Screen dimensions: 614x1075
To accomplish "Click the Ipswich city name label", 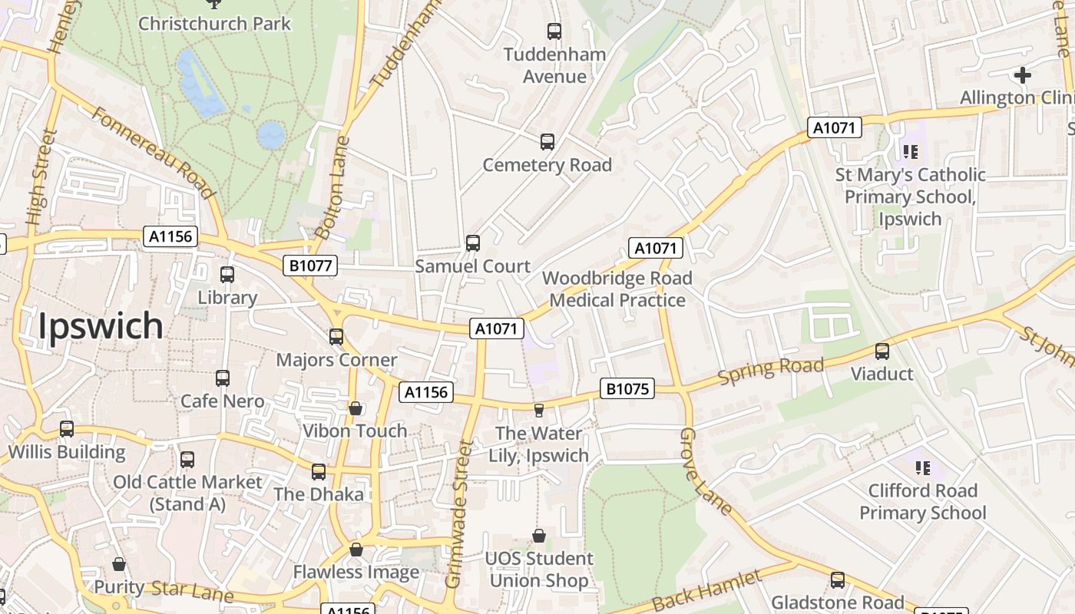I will coord(101,326).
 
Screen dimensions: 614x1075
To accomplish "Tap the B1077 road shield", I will coord(310,266).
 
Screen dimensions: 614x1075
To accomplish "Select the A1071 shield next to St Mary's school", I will coord(834,127).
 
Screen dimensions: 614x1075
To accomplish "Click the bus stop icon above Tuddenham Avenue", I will coord(554,31).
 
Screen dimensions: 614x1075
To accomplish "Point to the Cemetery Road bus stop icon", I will coord(547,142).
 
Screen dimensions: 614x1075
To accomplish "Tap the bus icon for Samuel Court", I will coord(473,243).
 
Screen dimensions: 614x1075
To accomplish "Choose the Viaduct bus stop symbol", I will coord(882,352).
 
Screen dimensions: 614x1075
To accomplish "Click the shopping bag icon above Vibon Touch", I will coord(356,408).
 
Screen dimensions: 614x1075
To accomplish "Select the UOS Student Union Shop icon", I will coord(539,536).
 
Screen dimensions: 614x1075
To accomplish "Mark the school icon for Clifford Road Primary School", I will coord(922,467).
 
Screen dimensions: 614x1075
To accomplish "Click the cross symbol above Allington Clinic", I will coord(1022,75).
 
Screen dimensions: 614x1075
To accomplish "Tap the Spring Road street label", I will coord(770,370).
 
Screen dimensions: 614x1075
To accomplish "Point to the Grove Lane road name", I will coord(705,471).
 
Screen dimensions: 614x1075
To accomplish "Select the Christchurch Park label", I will coord(214,23).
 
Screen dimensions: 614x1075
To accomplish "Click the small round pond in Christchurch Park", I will coord(270,135).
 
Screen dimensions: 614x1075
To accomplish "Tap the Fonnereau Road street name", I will coord(152,152).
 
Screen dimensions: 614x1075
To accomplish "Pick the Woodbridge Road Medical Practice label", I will coord(617,289).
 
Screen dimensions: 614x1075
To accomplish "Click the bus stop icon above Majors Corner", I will coord(336,337).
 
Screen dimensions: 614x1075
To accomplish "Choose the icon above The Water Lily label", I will coord(539,411).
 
